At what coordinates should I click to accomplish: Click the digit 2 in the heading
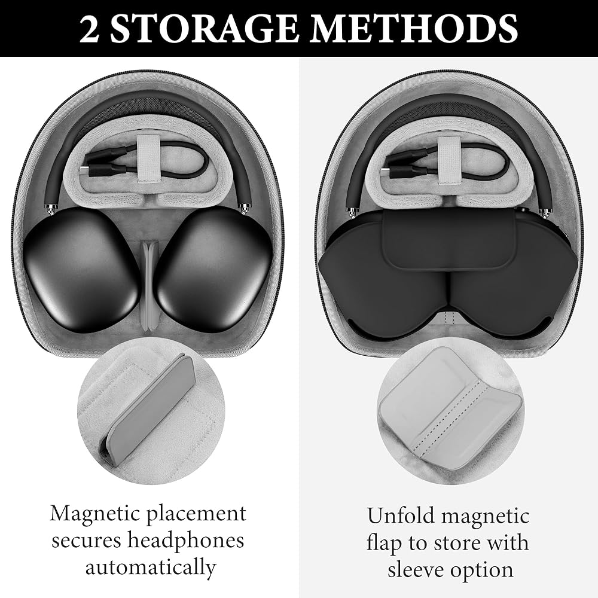tap(89, 29)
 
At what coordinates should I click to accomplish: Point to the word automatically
tap(151, 568)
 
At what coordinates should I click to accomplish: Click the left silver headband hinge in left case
tap(51, 208)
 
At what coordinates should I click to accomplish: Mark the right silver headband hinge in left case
tap(244, 208)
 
